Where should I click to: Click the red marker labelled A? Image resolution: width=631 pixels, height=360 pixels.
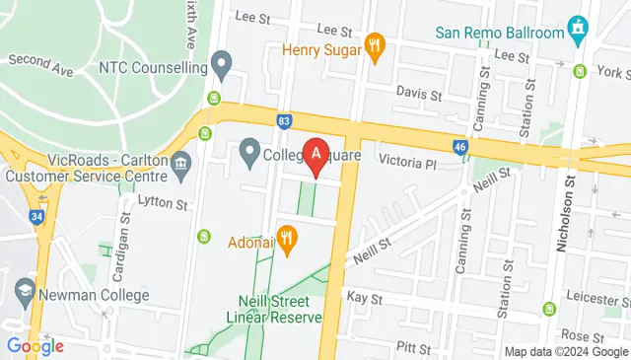315,155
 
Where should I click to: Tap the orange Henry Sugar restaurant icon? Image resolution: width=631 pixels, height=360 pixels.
374,46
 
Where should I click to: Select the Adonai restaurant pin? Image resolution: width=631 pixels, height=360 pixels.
287,238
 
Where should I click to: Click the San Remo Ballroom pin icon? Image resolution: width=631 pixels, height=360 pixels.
578,33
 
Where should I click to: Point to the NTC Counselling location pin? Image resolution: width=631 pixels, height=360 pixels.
222,68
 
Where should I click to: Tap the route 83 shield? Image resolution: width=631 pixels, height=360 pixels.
284,120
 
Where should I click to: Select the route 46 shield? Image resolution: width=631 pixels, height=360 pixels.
460,147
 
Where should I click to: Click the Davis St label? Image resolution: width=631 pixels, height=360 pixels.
418,95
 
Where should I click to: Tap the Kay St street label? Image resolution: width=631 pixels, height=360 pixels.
364,296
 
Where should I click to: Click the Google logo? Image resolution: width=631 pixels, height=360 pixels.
35,345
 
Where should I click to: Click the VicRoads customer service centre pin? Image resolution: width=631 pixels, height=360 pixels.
181,169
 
